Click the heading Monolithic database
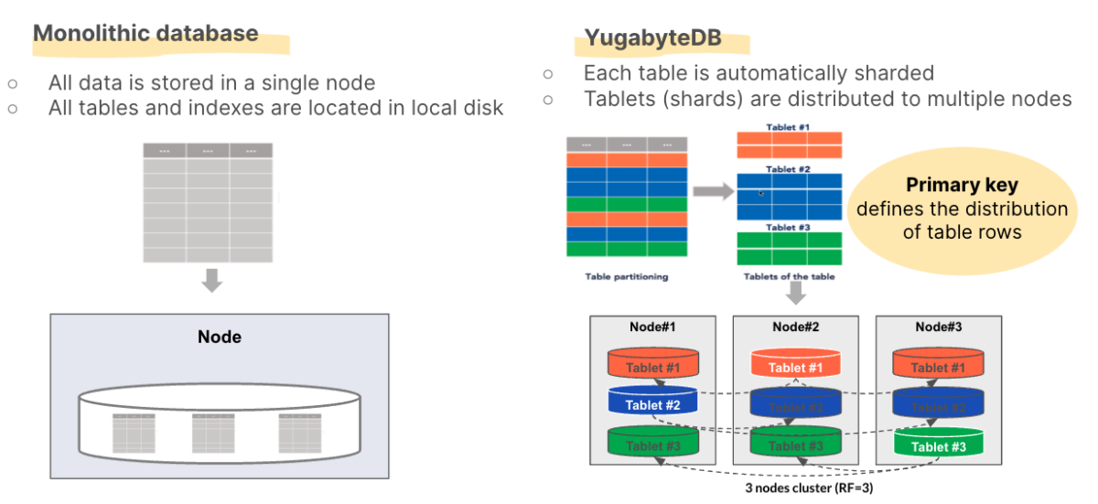coord(146,34)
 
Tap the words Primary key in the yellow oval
coord(962,185)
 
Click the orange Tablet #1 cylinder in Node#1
coord(653,366)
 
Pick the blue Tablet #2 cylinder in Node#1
coord(653,403)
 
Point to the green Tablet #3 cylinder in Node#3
coord(938,445)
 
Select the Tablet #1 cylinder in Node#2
coord(795,366)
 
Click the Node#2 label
coord(795,327)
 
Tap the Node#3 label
coord(938,327)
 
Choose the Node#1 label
coord(653,327)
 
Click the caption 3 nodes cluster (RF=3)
coord(795,488)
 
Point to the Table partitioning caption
coord(627,275)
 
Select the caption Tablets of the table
coord(788,275)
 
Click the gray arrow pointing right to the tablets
coord(711,191)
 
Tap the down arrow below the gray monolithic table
coord(211,280)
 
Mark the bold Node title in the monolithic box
coord(220,337)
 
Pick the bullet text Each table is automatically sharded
coord(758,73)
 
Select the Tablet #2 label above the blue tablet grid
coord(788,169)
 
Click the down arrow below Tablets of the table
coord(795,293)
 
